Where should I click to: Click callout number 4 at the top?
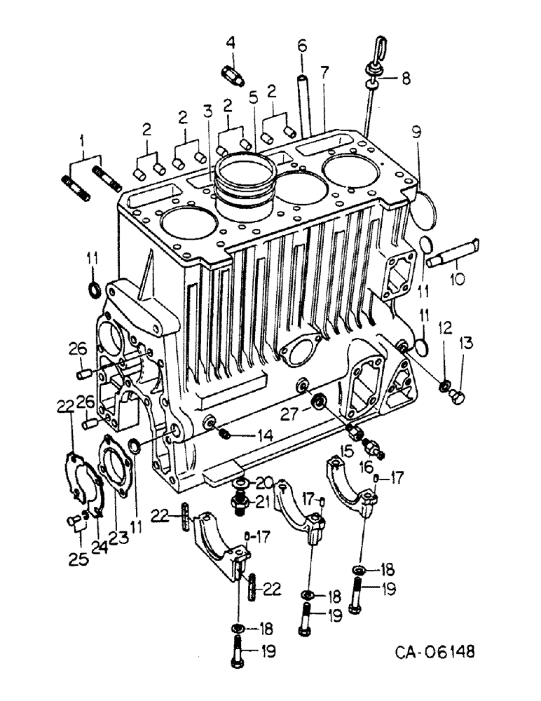(230, 43)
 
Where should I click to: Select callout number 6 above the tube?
(302, 46)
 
